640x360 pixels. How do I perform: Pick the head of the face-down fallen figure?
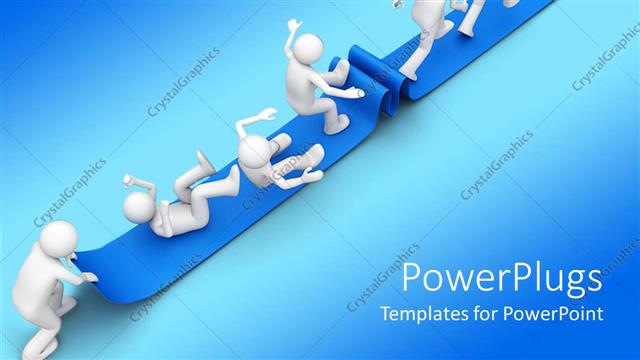pos(254,154)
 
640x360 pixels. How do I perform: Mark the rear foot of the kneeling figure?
pos(335,125)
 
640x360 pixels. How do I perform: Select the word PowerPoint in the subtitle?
pos(559,313)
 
